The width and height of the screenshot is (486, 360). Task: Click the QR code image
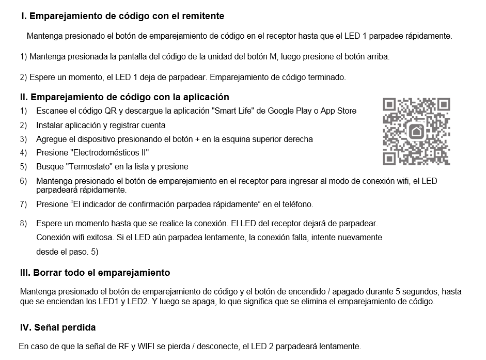click(x=416, y=132)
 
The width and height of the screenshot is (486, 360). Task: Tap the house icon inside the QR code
click(x=416, y=132)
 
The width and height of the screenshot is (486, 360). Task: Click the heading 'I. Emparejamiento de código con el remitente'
click(x=122, y=16)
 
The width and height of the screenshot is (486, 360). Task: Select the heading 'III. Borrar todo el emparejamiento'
click(x=95, y=272)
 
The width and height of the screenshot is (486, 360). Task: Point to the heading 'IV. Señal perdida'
click(x=57, y=327)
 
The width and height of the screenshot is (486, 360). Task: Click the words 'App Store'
click(x=338, y=111)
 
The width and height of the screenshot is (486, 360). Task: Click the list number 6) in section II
click(x=23, y=181)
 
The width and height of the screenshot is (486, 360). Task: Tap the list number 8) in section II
click(x=23, y=224)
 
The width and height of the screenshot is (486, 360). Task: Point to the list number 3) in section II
click(x=23, y=139)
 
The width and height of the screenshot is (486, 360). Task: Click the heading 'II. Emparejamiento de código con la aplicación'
click(x=124, y=97)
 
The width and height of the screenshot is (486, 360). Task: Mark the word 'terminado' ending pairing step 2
click(x=328, y=77)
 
